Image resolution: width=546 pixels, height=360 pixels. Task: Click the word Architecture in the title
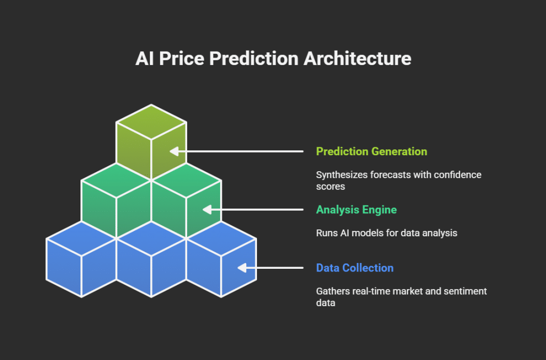click(x=357, y=58)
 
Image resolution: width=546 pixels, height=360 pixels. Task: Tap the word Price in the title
click(x=181, y=58)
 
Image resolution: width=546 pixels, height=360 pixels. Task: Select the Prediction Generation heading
click(x=372, y=151)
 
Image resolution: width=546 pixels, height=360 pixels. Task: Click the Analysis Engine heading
click(x=356, y=210)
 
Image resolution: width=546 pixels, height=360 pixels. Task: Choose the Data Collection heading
click(x=355, y=268)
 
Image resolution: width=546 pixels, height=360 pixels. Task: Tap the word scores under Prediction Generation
click(x=331, y=187)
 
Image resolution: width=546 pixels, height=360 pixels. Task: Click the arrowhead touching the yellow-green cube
click(x=174, y=151)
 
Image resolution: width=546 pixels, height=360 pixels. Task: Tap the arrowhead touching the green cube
click(x=207, y=210)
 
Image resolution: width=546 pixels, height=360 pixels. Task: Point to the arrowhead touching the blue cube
click(x=242, y=268)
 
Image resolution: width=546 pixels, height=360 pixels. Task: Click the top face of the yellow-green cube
click(x=151, y=122)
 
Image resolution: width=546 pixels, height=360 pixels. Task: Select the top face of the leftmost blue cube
click(x=81, y=239)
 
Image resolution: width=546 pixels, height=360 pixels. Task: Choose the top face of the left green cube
click(x=116, y=181)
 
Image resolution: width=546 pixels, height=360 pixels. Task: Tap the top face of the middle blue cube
click(x=151, y=239)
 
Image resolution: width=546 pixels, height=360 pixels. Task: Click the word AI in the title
click(x=144, y=58)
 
